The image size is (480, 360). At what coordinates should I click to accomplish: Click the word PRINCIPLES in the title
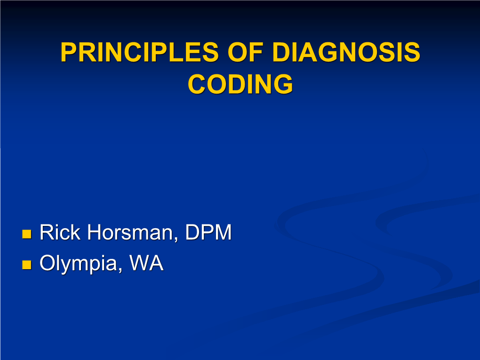pyautogui.click(x=140, y=52)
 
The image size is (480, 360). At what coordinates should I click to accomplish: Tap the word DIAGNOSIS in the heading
pyautogui.click(x=346, y=52)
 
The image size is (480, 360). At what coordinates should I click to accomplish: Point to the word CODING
pyautogui.click(x=240, y=84)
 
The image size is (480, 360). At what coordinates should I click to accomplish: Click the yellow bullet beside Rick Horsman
pyautogui.click(x=27, y=234)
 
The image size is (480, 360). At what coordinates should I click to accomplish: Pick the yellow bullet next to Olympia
pyautogui.click(x=27, y=264)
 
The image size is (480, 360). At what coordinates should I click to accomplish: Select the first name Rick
pyautogui.click(x=60, y=232)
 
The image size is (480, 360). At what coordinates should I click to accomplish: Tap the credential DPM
pyautogui.click(x=208, y=232)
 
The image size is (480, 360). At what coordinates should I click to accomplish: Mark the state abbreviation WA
pyautogui.click(x=146, y=263)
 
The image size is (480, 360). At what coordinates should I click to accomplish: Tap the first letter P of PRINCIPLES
pyautogui.click(x=68, y=52)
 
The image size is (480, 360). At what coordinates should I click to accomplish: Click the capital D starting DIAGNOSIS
pyautogui.click(x=281, y=52)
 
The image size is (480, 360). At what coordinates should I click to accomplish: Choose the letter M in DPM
pyautogui.click(x=223, y=232)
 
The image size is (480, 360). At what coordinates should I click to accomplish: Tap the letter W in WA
pyautogui.click(x=140, y=263)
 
